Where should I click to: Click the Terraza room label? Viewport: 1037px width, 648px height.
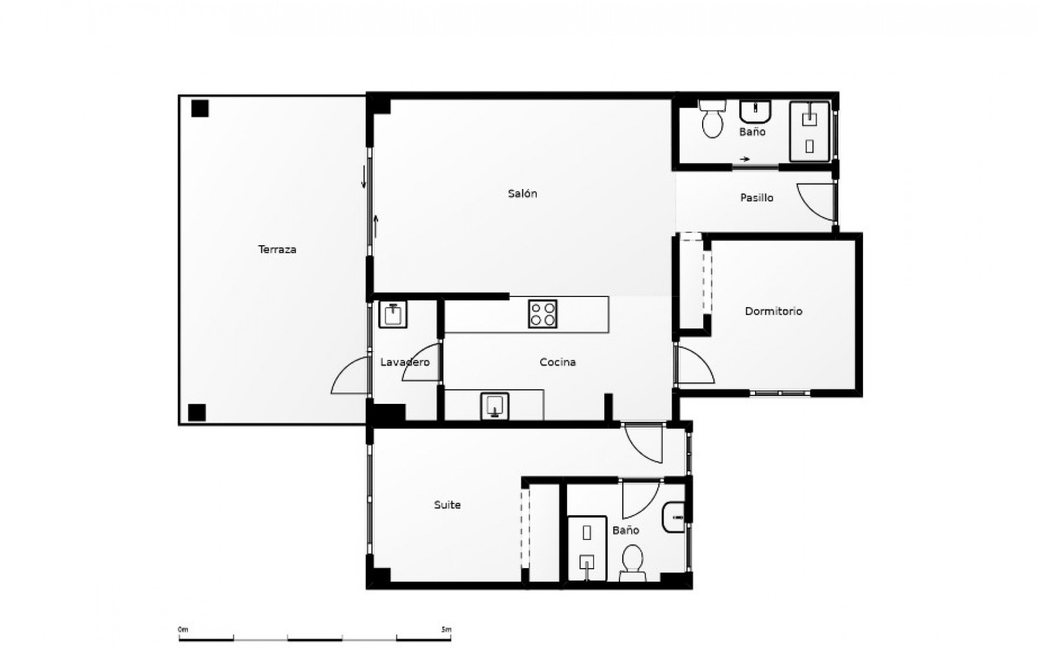pyautogui.click(x=277, y=249)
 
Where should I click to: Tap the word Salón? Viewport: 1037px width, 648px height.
pyautogui.click(x=522, y=193)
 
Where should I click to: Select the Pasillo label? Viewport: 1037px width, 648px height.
pyautogui.click(x=757, y=198)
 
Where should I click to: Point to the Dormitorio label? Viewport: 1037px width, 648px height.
pyautogui.click(x=773, y=311)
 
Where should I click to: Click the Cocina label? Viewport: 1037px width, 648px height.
pyautogui.click(x=557, y=362)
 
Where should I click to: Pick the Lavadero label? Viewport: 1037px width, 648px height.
pyautogui.click(x=405, y=362)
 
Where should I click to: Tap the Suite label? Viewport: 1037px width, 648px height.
pyautogui.click(x=447, y=505)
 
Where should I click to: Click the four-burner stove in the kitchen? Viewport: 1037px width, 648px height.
pyautogui.click(x=542, y=314)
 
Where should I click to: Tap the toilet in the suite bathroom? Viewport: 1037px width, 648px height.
pyautogui.click(x=632, y=562)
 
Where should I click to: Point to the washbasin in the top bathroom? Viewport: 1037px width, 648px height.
pyautogui.click(x=755, y=112)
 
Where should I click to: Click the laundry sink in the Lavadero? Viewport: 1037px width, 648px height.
pyautogui.click(x=393, y=314)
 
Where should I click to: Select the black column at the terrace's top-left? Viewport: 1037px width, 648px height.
pyautogui.click(x=200, y=109)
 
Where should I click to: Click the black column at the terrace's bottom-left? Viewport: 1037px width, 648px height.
pyautogui.click(x=197, y=412)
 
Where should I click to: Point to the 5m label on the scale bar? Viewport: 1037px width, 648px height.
pyautogui.click(x=446, y=630)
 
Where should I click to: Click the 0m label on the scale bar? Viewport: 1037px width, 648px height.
pyautogui.click(x=183, y=630)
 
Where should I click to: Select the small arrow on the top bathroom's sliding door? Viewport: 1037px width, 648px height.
pyautogui.click(x=745, y=159)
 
